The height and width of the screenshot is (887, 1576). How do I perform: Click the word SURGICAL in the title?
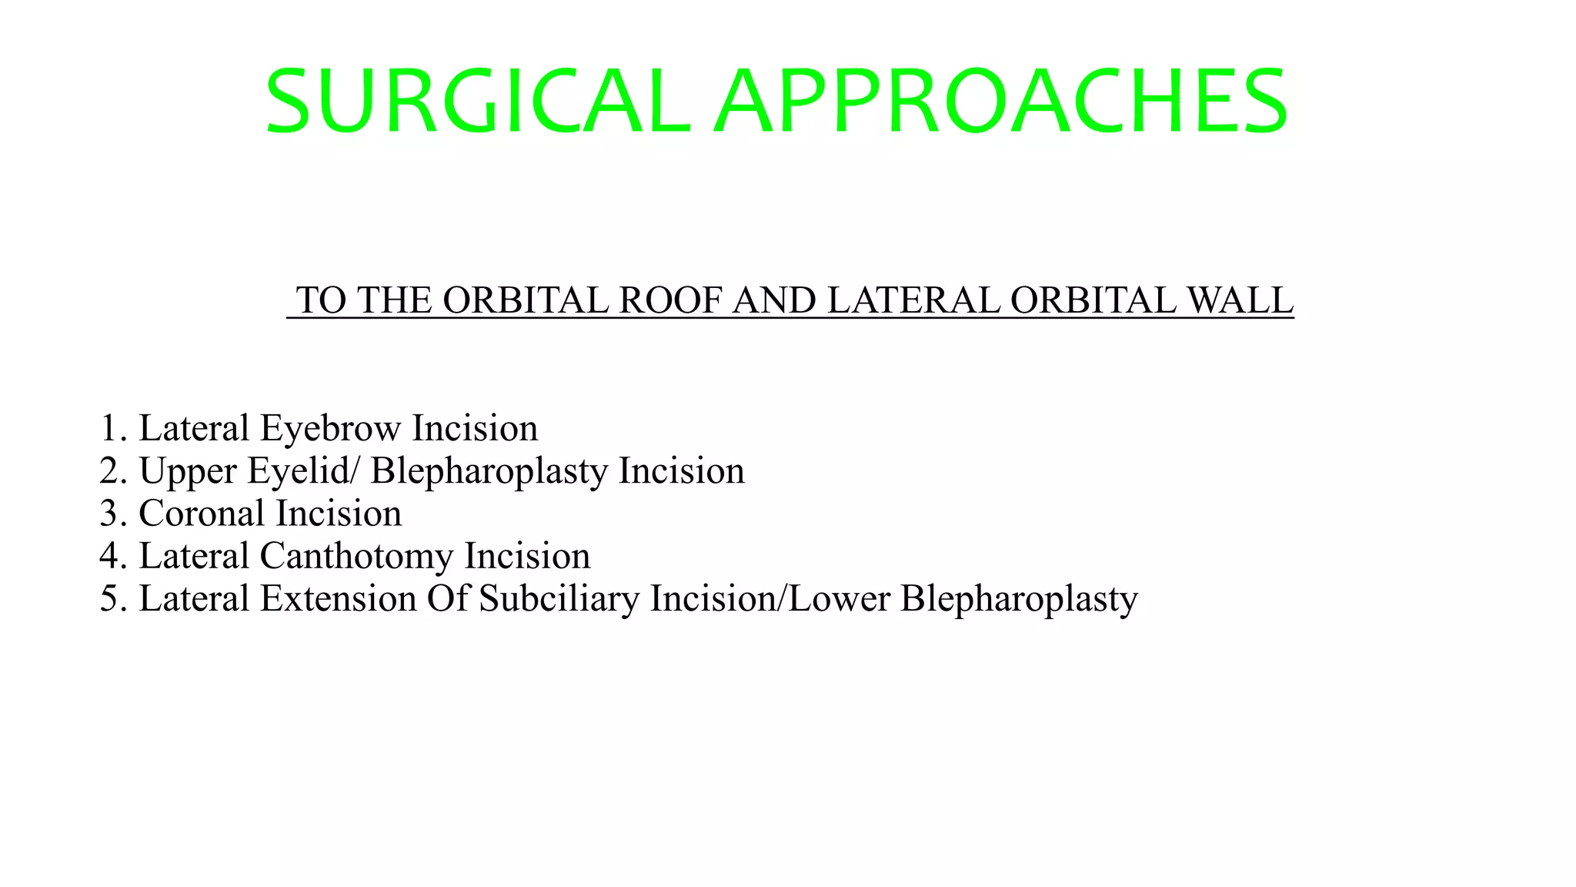[477, 102]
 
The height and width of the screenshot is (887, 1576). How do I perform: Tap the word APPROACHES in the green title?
[1000, 102]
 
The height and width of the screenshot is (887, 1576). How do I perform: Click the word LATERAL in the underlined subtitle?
[913, 300]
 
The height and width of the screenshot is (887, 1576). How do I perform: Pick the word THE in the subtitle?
[395, 300]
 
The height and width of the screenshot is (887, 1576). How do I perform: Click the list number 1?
[112, 429]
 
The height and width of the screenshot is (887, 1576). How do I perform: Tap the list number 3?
[112, 514]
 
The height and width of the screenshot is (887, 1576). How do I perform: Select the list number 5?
[112, 599]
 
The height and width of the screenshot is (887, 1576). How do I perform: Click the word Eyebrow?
[330, 429]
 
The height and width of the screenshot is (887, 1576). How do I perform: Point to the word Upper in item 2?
[187, 471]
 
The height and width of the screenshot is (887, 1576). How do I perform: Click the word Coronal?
[202, 514]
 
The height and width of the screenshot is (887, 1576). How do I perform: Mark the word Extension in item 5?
[339, 599]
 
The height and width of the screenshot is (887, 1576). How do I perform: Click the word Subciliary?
[559, 599]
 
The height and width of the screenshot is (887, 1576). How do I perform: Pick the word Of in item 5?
[448, 599]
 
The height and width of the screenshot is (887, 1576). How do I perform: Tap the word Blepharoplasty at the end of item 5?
[1019, 599]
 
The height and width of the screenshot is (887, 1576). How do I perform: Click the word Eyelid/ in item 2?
[302, 471]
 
